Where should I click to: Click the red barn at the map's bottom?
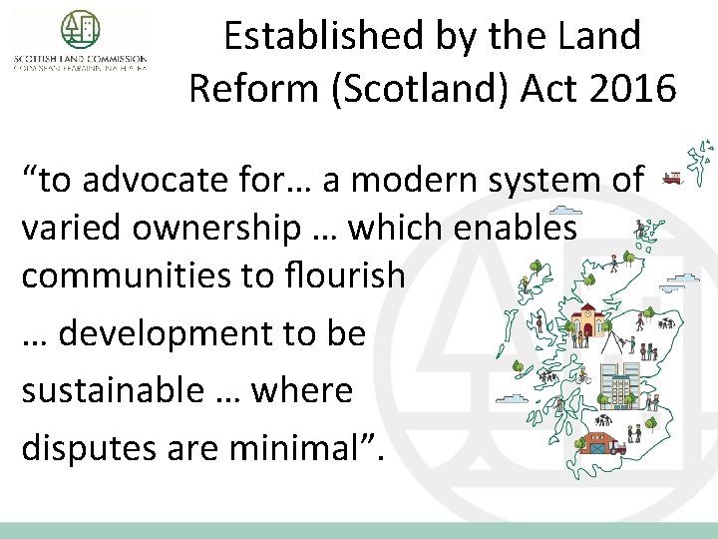tap(599, 440)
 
